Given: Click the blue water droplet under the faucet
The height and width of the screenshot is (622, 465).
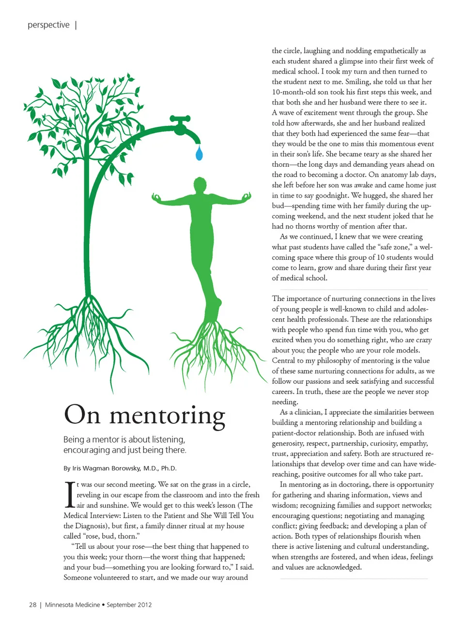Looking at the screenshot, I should click(199, 153).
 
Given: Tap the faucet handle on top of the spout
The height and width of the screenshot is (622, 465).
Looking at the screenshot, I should click(181, 118).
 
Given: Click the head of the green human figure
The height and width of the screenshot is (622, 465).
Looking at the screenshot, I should click(200, 185).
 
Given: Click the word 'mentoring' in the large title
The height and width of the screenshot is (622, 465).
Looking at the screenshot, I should click(167, 416).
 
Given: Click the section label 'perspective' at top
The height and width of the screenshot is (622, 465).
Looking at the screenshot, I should click(48, 25).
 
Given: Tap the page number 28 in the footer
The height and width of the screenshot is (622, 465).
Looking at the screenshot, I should click(32, 605).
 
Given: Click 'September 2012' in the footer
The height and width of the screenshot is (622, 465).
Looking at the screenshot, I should click(129, 605).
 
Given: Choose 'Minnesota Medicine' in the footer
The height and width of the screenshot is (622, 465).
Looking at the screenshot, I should click(72, 605).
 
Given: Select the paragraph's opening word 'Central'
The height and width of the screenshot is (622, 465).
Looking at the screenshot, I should click(283, 360).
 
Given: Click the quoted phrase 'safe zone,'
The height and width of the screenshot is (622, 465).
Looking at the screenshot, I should click(393, 247).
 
